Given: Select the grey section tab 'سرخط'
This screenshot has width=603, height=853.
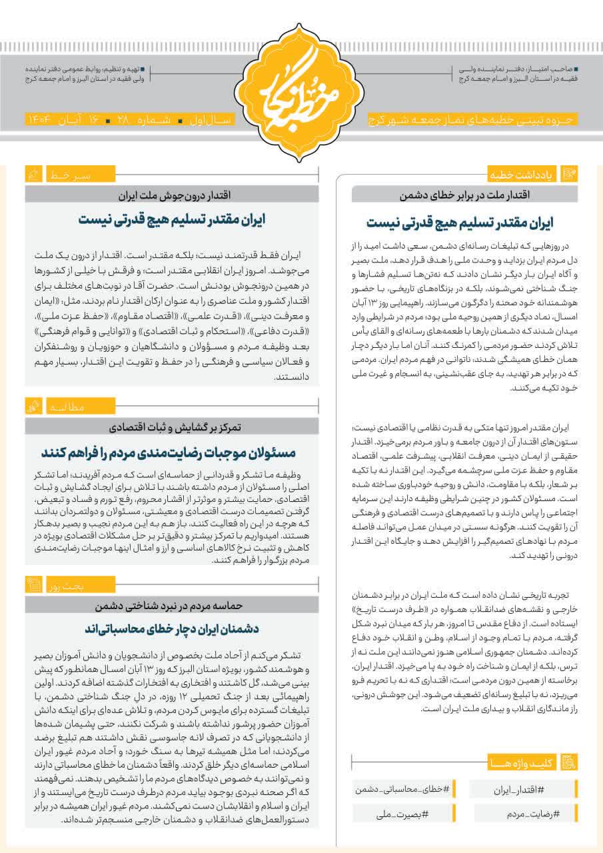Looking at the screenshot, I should pyautogui.click(x=69, y=175).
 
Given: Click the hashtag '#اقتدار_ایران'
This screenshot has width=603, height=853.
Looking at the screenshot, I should pyautogui.click(x=523, y=789).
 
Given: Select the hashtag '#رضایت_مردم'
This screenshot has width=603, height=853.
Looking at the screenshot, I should pyautogui.click(x=523, y=814).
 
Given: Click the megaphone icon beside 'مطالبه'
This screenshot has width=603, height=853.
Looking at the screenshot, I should pyautogui.click(x=33, y=406).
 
